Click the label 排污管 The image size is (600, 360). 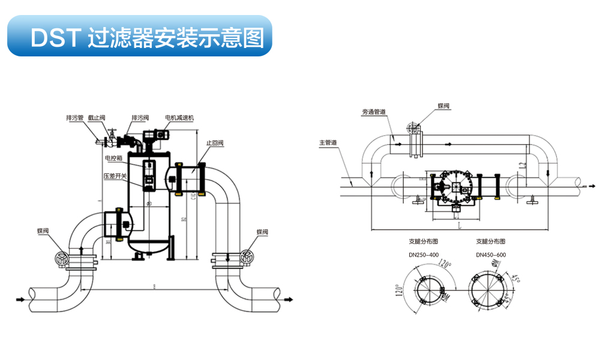(75, 118)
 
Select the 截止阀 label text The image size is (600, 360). (97, 118)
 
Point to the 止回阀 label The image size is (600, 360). (215, 143)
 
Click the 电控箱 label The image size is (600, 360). (113, 158)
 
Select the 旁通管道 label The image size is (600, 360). (374, 112)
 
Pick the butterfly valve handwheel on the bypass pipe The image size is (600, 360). (411, 127)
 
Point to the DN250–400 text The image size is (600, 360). (424, 254)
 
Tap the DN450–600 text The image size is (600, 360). (491, 254)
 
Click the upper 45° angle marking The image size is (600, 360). (515, 278)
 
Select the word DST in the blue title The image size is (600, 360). (55, 38)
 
